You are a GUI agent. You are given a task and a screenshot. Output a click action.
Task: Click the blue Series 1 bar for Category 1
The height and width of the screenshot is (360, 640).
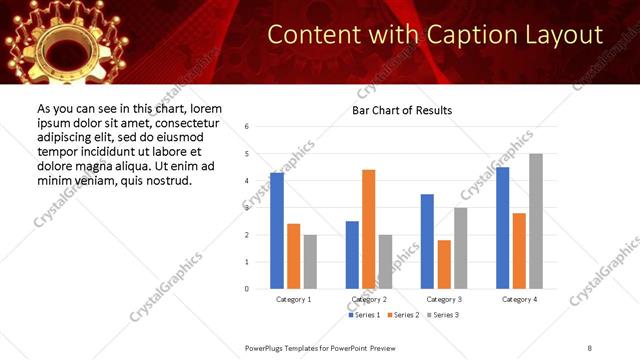[277, 231]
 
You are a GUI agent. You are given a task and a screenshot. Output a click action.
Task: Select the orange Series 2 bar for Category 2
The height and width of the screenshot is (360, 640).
[369, 229]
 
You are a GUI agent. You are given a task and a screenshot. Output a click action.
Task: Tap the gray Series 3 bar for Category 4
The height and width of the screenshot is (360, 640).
[536, 221]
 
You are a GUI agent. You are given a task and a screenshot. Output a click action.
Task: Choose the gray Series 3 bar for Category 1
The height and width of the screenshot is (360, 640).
[310, 261]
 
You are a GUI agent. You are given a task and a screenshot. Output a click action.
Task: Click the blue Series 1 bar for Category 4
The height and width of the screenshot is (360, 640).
[503, 228]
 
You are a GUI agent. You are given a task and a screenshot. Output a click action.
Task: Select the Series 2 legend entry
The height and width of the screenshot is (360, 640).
[404, 315]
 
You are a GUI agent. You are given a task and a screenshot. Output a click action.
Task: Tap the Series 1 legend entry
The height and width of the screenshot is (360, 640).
[366, 315]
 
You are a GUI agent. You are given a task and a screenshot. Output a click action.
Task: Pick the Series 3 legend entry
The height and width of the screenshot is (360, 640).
[443, 315]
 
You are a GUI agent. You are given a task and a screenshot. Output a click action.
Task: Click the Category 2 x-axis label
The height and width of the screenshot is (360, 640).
[369, 299]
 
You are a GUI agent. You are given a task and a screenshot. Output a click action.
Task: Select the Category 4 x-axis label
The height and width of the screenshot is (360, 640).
[519, 299]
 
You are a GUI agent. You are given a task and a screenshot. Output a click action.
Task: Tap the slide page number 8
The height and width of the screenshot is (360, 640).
[590, 347]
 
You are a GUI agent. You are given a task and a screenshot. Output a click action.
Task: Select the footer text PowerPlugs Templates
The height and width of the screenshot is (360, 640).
[290, 347]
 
